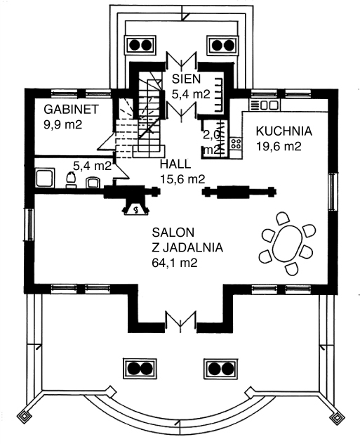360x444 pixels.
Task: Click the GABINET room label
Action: coord(72,109)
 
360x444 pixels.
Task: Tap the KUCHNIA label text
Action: coord(284,131)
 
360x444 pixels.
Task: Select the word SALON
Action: coord(173,233)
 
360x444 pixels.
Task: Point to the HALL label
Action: coord(175,164)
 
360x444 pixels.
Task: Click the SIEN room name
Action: coord(187,79)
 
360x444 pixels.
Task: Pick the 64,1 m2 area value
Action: coord(175,263)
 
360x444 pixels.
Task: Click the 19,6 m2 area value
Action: coord(279,147)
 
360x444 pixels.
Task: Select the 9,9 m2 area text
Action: coord(62,124)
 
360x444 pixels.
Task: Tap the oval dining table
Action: coord(287,244)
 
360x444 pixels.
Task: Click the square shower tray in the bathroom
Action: coord(45,177)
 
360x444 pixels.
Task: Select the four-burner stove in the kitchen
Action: coord(236,143)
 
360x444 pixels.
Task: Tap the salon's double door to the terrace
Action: coord(181,322)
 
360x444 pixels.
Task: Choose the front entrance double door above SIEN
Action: coord(181,60)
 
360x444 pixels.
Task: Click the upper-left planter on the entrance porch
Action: coord(141,45)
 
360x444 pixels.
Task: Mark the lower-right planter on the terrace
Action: coord(220,369)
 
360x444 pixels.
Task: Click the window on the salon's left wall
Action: coord(29,225)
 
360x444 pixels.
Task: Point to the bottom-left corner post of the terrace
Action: coord(25,417)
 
